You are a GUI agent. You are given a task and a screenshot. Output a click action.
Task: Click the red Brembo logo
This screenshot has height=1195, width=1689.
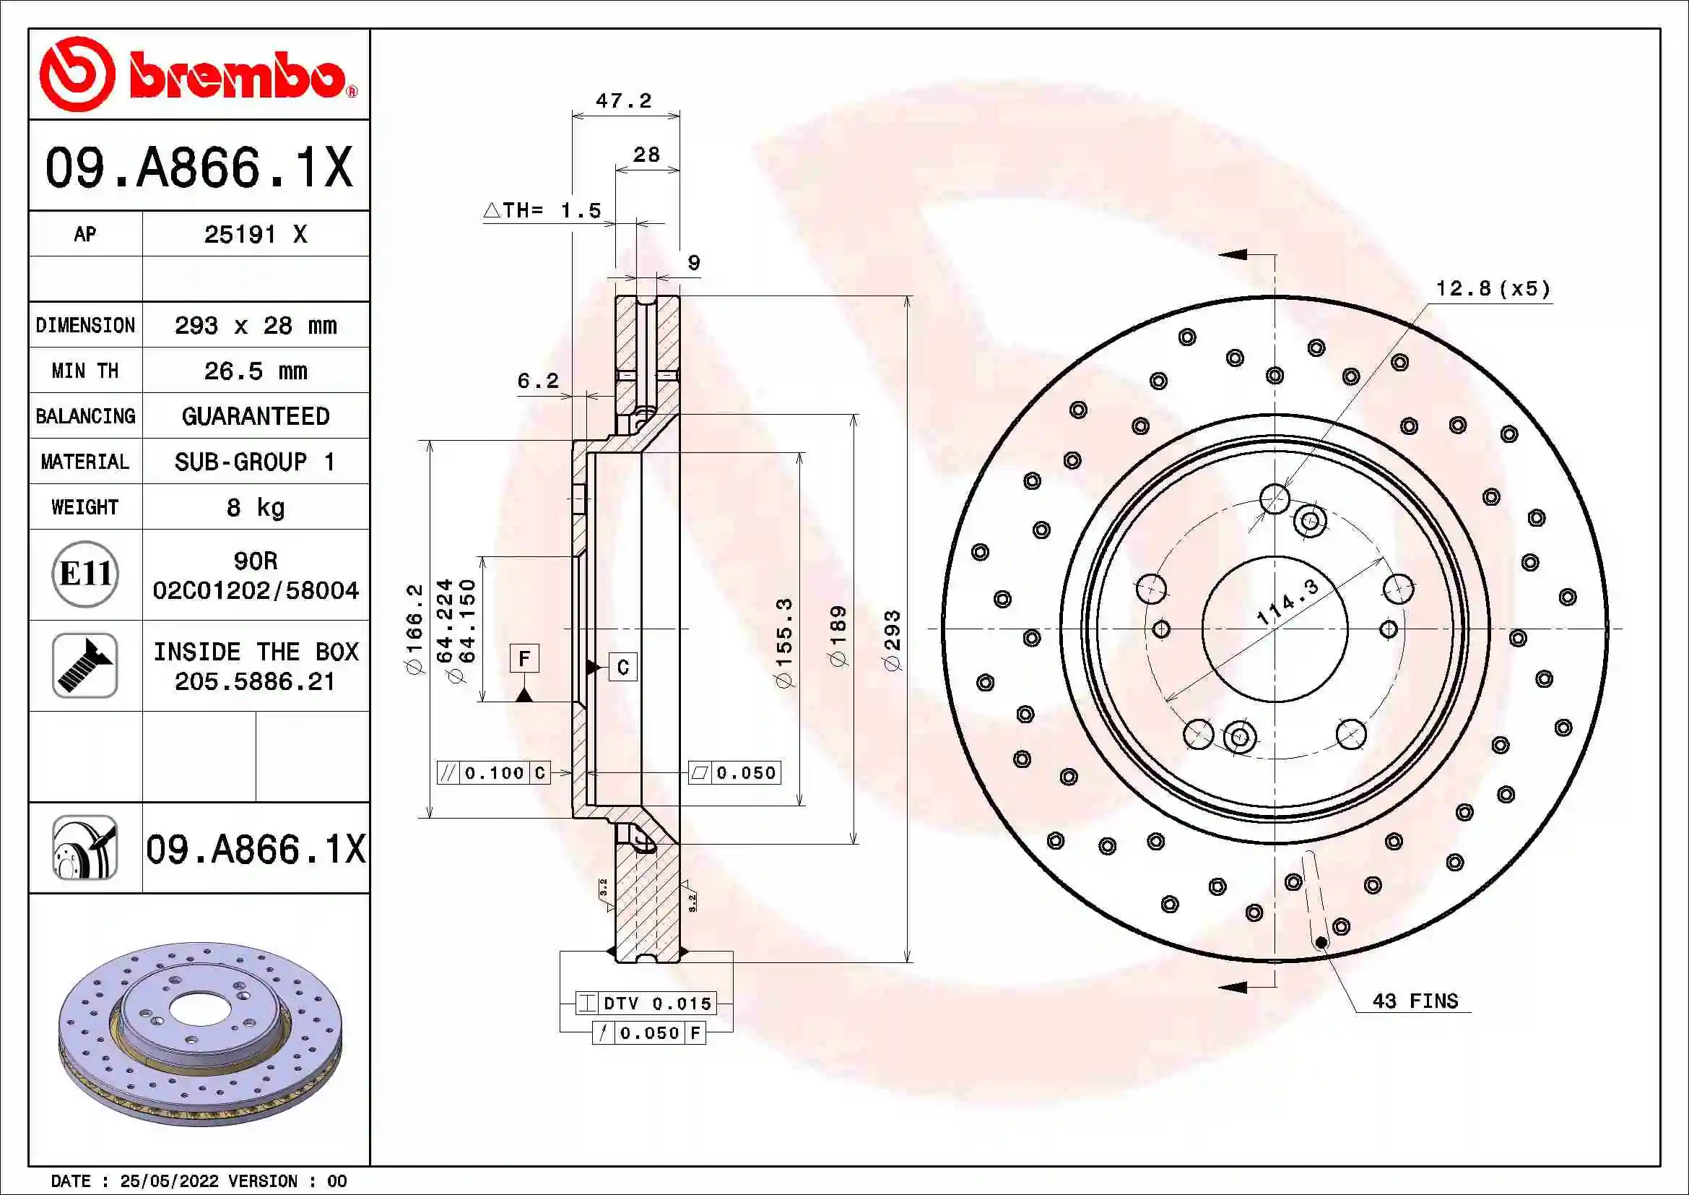click(x=199, y=74)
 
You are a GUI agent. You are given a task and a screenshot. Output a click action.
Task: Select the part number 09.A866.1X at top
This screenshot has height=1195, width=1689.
click(x=199, y=168)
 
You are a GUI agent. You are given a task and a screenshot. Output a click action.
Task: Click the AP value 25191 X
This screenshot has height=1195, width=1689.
click(x=255, y=235)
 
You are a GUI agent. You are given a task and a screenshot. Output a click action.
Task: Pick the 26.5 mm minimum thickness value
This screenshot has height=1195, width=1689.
click(x=255, y=371)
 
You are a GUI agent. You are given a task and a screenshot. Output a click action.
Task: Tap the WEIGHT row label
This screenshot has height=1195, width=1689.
click(x=84, y=507)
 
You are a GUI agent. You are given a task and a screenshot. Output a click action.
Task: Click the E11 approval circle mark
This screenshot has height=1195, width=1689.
click(x=85, y=574)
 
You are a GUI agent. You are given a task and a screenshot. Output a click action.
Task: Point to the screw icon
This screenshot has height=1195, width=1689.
click(x=85, y=665)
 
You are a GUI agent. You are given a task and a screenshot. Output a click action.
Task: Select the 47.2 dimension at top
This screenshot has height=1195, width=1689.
click(x=624, y=101)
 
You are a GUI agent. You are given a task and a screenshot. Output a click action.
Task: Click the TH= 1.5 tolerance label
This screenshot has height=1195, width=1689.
click(x=543, y=210)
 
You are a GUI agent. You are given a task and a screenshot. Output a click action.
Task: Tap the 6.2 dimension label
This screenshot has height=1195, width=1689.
click(x=538, y=381)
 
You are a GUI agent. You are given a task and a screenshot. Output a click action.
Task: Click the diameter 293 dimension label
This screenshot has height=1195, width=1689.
click(x=893, y=640)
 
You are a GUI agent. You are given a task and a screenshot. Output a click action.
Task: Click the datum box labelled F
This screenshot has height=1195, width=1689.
click(x=524, y=658)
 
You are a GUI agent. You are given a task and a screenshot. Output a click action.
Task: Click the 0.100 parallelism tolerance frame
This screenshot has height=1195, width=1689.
click(x=494, y=772)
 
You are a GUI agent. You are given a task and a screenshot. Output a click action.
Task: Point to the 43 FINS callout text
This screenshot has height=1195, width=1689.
click(x=1415, y=1001)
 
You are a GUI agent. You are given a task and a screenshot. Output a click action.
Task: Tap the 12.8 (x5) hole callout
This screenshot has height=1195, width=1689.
click(x=1493, y=288)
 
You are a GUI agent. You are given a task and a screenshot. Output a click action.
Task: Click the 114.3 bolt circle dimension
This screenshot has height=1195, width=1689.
click(x=1288, y=601)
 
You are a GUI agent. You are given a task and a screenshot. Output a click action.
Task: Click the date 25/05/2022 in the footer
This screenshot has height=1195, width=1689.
click(x=169, y=1181)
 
